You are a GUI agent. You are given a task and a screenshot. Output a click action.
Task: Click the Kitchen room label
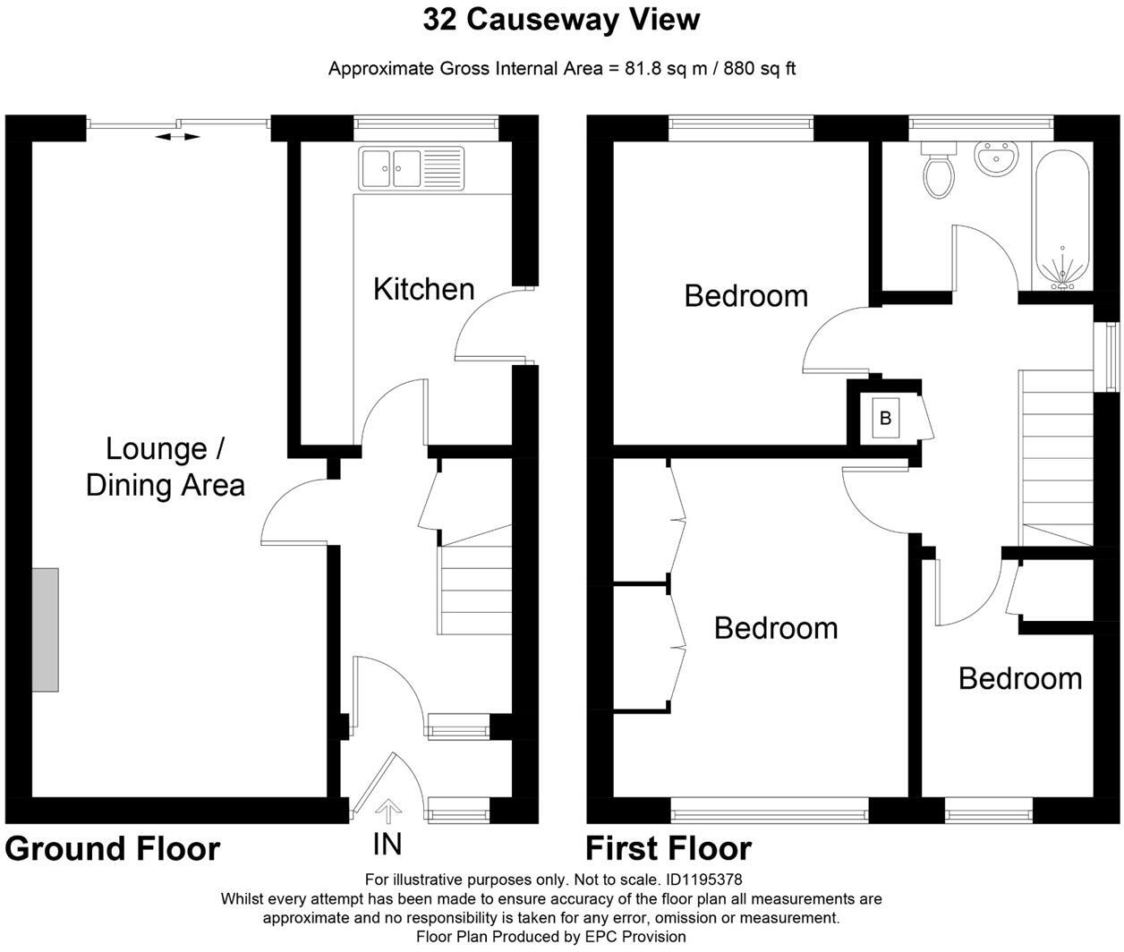423,289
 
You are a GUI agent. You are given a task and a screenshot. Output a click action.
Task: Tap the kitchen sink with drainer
412,167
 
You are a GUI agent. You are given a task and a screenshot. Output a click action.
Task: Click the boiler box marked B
886,418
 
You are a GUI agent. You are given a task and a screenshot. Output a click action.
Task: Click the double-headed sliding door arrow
177,136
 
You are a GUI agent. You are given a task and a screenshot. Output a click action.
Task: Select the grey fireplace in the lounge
46,629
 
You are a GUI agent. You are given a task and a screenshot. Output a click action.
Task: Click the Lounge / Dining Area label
165,466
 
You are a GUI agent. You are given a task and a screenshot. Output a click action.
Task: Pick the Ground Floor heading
113,848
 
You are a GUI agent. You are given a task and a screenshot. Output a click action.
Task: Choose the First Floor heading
668,848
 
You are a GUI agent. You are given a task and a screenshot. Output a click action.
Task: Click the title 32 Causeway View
561,20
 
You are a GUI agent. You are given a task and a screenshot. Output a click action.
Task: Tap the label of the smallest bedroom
1019,678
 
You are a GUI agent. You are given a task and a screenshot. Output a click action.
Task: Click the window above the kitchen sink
426,128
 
